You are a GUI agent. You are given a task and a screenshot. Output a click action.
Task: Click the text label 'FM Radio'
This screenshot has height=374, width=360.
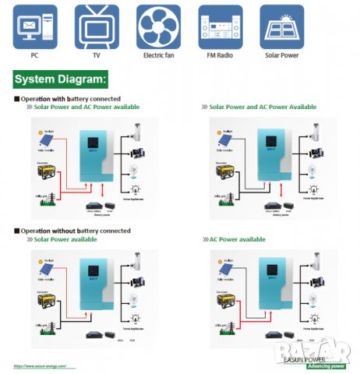220,56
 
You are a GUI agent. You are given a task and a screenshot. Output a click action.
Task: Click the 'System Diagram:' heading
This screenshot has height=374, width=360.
61,79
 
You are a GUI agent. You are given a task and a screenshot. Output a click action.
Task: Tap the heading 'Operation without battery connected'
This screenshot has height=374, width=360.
75,231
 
